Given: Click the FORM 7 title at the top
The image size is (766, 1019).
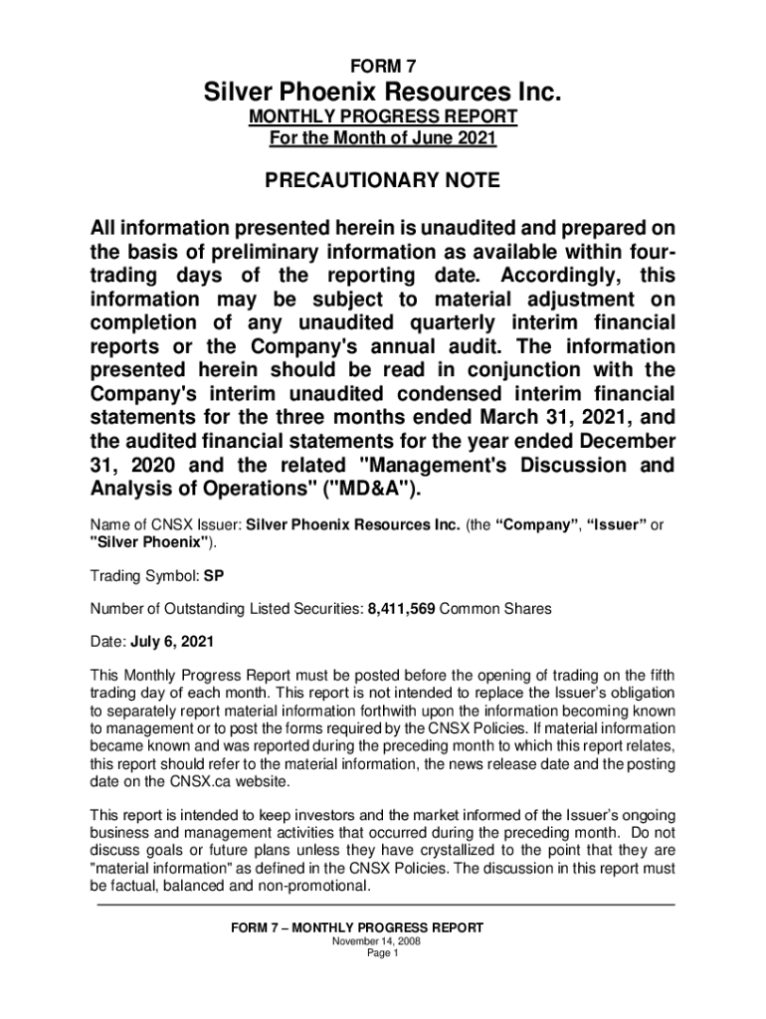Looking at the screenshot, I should coord(383,67).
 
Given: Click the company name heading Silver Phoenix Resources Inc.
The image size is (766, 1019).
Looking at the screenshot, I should coord(383,95).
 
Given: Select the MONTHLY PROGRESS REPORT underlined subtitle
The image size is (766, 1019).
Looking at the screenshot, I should coord(383,117).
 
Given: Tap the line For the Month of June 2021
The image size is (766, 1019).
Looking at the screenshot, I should coord(383,138).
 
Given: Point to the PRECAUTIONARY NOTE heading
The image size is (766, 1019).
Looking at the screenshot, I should coord(383,182).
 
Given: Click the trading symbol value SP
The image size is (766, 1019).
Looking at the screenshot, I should coord(215,575).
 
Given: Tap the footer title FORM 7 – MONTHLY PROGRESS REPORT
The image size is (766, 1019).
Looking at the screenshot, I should coord(357,927).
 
